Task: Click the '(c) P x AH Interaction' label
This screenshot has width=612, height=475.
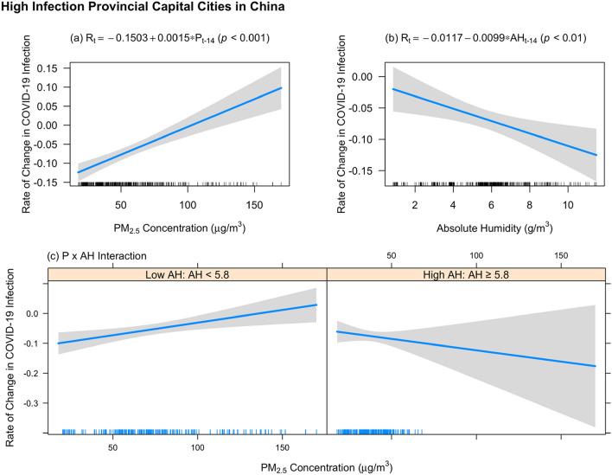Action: [98, 255]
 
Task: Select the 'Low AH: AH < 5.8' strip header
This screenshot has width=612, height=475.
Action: [187, 274]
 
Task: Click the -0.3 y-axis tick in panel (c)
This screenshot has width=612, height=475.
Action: [34, 403]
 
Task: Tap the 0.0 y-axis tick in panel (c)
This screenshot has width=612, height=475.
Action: [35, 314]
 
